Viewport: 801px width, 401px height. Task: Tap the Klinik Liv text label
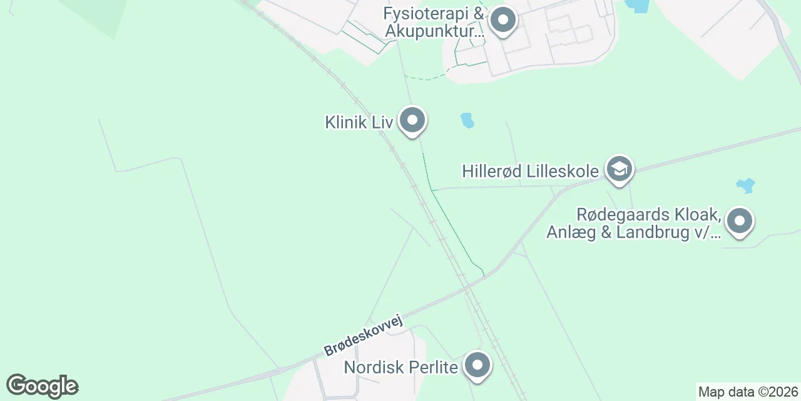(359, 122)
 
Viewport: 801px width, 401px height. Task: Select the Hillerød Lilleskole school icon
(620, 169)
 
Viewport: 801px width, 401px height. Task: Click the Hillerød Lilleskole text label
(531, 170)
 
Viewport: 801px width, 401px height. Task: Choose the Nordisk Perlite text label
(401, 367)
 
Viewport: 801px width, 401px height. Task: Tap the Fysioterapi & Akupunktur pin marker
(503, 21)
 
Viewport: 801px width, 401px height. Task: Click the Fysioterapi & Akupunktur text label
(435, 22)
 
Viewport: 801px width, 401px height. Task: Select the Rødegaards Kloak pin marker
(740, 221)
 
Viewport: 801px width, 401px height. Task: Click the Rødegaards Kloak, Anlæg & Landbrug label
(634, 223)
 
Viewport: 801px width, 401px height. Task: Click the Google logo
(42, 386)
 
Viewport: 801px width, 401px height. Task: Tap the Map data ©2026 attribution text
(748, 392)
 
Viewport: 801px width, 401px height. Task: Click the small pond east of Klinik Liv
(467, 120)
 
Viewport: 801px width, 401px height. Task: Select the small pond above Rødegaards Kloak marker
(745, 185)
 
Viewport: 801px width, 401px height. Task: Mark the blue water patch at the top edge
(637, 6)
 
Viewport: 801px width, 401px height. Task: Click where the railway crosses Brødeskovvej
(466, 289)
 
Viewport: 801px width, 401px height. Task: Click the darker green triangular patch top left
(100, 16)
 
